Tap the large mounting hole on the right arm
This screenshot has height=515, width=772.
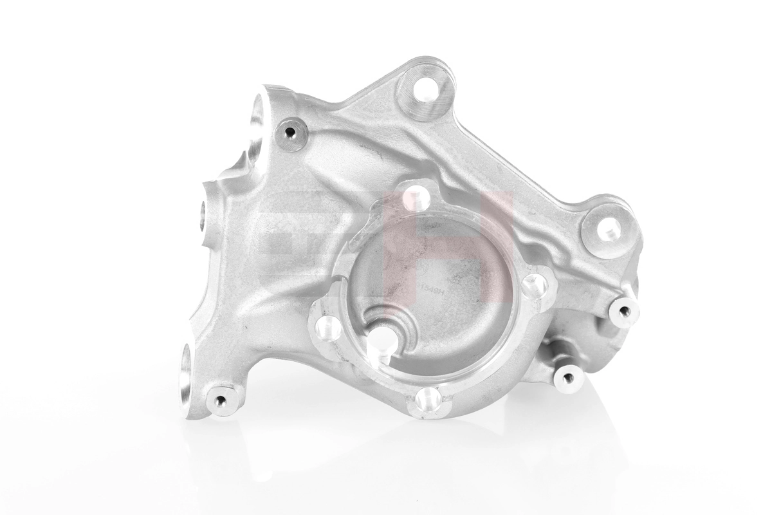tap(607, 227)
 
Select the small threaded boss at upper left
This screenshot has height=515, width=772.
tap(291, 133)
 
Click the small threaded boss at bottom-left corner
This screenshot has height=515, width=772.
tap(221, 401)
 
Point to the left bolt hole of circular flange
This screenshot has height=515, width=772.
tap(328, 328)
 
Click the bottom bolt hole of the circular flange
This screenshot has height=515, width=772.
tap(427, 399)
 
